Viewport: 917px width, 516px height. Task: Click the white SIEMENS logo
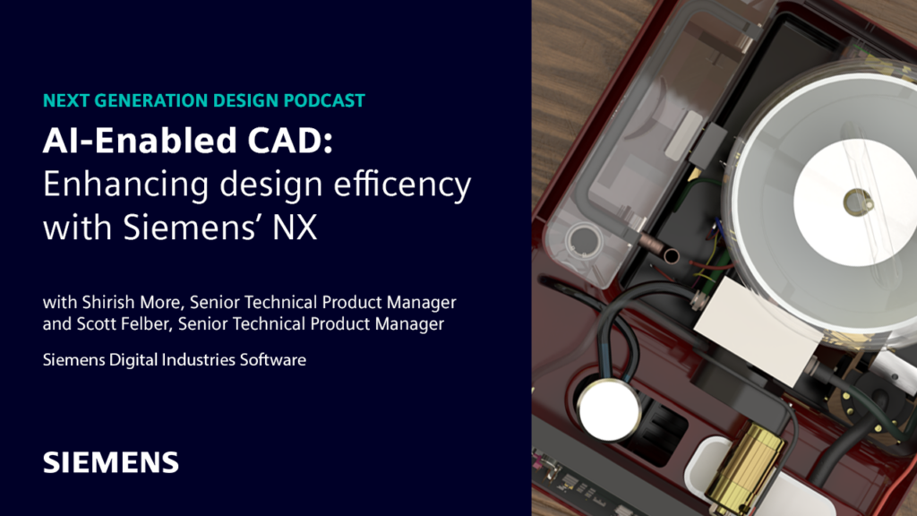coord(111,462)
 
